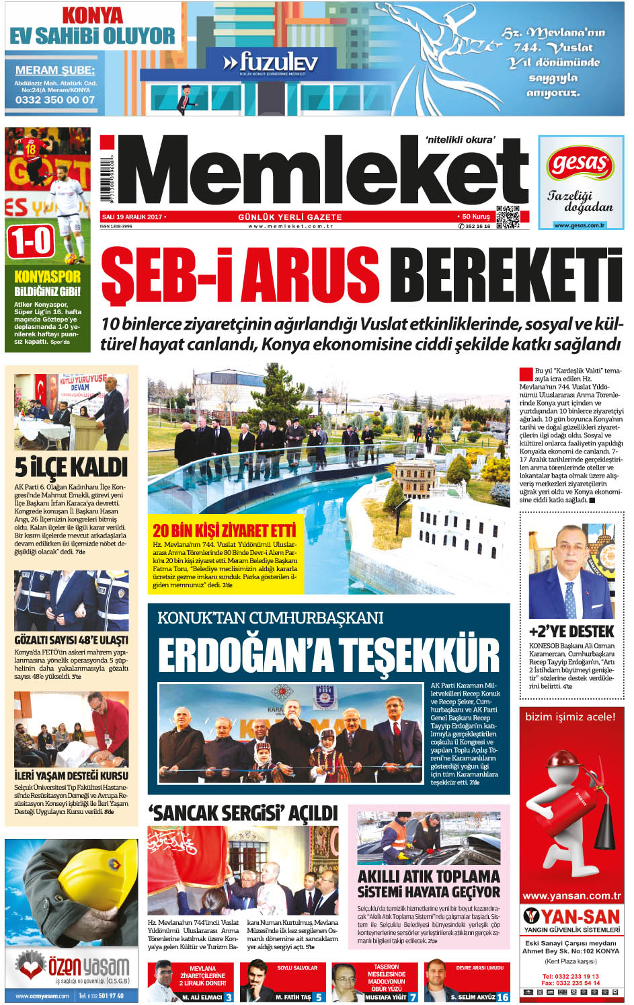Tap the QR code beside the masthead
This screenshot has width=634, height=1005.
(x=508, y=217)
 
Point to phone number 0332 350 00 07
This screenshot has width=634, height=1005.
(x=55, y=100)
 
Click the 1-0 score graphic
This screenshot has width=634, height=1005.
(x=31, y=241)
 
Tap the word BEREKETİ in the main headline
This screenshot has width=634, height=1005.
(x=505, y=275)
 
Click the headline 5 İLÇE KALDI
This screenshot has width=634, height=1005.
(x=71, y=467)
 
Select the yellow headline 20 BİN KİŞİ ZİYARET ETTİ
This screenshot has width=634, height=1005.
(x=224, y=530)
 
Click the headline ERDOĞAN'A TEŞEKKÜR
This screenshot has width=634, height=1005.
(x=329, y=655)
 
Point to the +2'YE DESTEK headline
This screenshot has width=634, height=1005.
(x=571, y=632)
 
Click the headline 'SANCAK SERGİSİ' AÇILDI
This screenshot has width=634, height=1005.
(x=243, y=813)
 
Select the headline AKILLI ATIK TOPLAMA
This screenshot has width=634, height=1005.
(x=428, y=876)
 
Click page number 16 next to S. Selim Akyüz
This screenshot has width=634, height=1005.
(x=503, y=997)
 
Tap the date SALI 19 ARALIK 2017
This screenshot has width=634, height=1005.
(x=132, y=217)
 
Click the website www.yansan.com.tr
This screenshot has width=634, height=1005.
(x=571, y=896)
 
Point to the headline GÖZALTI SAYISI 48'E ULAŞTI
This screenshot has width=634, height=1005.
(x=71, y=640)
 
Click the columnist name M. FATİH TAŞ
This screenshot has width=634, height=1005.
(x=293, y=997)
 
